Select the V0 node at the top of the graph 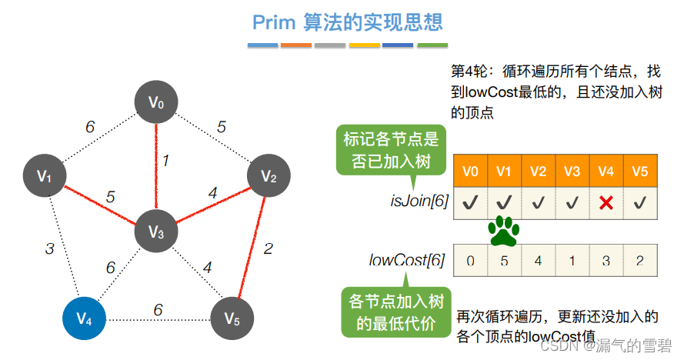pos(156,102)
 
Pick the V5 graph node pos(232,317)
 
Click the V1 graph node pos(45,176)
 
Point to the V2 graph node pos(269,176)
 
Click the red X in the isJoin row pos(606,203)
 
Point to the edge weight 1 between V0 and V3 pos(165,161)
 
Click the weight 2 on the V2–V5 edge pos(268,248)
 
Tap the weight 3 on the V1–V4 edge pos(49,248)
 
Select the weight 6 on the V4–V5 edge pos(158,309)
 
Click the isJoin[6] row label pos(419,202)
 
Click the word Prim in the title pos(274,22)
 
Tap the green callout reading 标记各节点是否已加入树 pos(390,150)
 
